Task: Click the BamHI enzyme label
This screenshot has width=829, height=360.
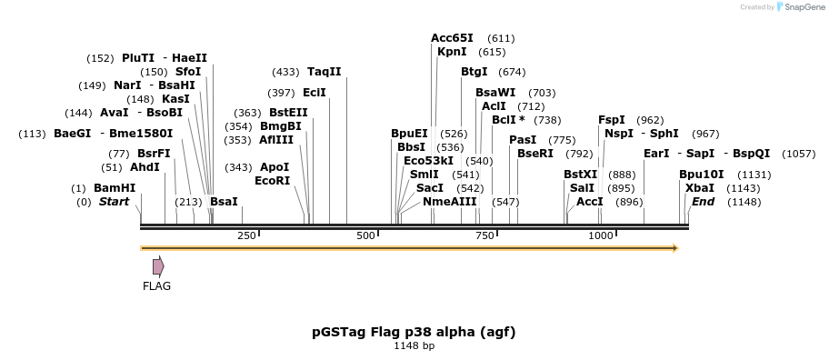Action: tap(115, 188)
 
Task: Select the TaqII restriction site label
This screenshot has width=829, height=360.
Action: tap(324, 72)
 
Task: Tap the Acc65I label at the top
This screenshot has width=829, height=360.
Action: tap(452, 38)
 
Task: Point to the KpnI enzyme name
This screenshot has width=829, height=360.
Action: tap(452, 52)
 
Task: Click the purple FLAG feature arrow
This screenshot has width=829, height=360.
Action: tap(158, 266)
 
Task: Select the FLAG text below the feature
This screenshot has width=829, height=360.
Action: tap(156, 285)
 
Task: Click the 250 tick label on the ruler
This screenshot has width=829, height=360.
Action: tap(246, 236)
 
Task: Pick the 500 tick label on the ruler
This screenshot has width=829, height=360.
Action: tap(365, 236)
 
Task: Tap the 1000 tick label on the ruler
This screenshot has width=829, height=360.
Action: tap(601, 236)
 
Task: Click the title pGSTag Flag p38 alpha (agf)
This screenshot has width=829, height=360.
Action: tap(414, 332)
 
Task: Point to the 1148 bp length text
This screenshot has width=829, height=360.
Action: tap(414, 346)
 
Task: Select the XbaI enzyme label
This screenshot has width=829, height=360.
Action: tap(700, 188)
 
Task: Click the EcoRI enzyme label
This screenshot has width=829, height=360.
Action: tap(272, 181)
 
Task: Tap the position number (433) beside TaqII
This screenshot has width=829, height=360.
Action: tap(285, 72)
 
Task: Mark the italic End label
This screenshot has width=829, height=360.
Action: tap(703, 202)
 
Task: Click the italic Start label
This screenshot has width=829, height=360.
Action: tap(114, 202)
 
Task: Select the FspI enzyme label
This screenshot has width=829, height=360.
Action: tap(611, 120)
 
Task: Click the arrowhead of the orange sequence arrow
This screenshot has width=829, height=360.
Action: tap(674, 247)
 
